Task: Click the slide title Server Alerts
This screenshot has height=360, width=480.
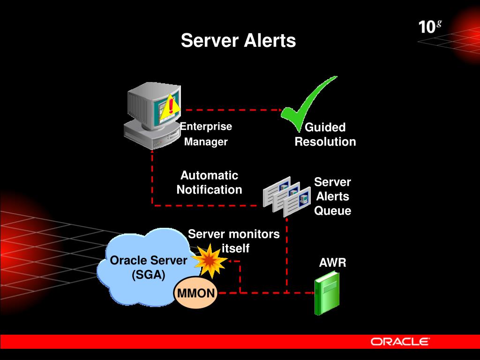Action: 238,40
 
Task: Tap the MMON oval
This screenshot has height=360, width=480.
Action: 196,294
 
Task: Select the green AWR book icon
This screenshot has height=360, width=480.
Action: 327,292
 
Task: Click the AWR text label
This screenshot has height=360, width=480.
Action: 332,263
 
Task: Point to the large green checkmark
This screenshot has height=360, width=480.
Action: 307,103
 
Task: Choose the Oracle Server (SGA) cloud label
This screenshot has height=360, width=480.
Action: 148,267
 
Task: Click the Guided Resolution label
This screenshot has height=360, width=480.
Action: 325,135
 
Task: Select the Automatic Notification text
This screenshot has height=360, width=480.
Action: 209,182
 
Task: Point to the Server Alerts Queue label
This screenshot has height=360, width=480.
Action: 332,196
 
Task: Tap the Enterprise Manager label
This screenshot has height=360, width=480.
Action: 206,134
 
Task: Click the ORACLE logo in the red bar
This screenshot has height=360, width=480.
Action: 400,341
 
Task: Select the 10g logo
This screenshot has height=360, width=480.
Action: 430,26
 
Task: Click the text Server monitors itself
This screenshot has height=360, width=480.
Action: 234,240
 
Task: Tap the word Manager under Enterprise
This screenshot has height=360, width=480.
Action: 206,142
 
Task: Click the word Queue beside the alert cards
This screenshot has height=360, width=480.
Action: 332,211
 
